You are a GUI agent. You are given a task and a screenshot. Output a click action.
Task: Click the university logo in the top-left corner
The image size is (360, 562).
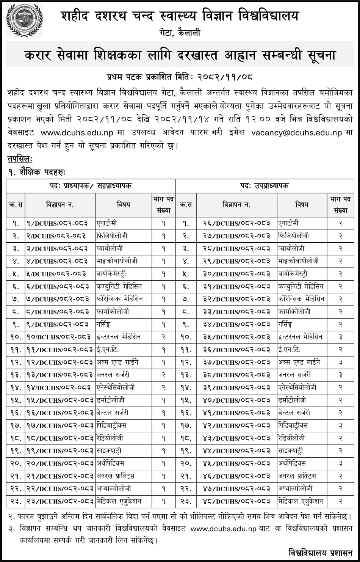click(24, 20)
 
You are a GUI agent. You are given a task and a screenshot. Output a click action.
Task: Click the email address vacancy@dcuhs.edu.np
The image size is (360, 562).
click(297, 133)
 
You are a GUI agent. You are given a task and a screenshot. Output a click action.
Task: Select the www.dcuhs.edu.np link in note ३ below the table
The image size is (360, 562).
click(224, 529)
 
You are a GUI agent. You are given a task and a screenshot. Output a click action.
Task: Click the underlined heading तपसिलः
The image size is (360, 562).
click(20, 159)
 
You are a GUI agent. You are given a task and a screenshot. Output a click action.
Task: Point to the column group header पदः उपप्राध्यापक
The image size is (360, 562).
click(264, 186)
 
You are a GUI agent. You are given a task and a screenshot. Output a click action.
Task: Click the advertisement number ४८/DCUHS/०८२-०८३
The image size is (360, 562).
click(236, 501)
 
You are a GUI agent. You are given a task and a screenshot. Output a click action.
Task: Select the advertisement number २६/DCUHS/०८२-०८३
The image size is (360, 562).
click(236, 223)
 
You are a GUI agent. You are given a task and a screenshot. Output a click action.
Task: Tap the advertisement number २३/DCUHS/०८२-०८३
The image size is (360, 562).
click(59, 501)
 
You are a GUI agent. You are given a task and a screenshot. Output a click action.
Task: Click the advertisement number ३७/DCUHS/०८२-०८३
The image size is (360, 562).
click(236, 362)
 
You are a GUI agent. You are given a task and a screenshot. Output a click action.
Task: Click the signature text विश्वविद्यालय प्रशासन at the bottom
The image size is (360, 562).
click(320, 551)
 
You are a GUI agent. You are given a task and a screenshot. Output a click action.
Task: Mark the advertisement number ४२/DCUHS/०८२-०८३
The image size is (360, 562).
click(236, 425)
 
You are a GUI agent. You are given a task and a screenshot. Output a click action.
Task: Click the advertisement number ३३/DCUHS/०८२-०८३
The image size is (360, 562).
click(236, 312)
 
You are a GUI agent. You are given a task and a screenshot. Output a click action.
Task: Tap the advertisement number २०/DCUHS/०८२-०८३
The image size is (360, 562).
click(59, 463)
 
